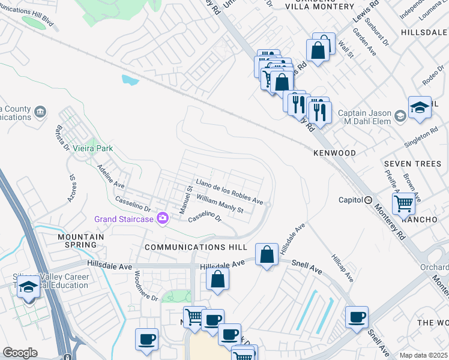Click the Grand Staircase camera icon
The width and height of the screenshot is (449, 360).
(x=162, y=218)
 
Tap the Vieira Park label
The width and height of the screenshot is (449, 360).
(x=93, y=148)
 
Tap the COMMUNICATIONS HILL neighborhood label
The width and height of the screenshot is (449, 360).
(x=196, y=247)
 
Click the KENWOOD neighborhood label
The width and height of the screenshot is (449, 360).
(x=334, y=153)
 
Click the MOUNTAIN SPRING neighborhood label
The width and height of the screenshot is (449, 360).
(x=80, y=241)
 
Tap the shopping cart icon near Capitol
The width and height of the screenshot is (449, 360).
(x=403, y=203)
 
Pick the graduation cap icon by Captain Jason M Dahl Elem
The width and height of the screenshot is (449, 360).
(x=420, y=107)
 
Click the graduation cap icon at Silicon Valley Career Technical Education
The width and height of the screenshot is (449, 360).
(x=28, y=288)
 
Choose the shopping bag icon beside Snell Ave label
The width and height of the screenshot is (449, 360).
(x=267, y=254)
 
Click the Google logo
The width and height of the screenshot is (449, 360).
(x=20, y=353)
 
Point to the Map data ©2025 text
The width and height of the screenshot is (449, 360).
(x=423, y=355)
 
